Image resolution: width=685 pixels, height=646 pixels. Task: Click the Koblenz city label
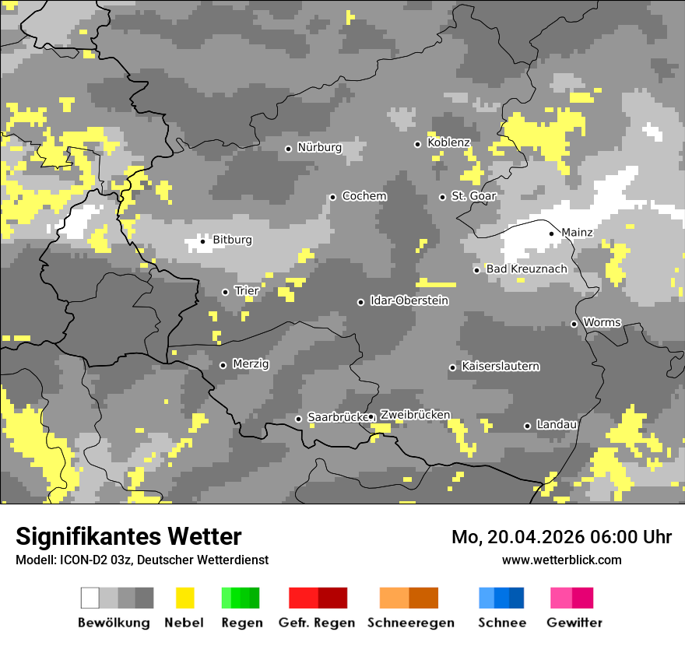pyautogui.click(x=448, y=142)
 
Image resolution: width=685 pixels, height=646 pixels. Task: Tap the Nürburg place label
pyautogui.click(x=319, y=147)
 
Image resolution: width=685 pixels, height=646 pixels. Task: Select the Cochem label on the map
pyautogui.click(x=364, y=196)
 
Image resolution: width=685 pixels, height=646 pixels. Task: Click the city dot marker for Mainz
pyautogui.click(x=551, y=233)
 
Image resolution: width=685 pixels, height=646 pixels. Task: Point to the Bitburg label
pyautogui.click(x=232, y=240)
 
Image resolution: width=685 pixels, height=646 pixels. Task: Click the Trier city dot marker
pyautogui.click(x=225, y=292)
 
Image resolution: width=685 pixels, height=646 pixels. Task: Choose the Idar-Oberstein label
pyautogui.click(x=409, y=300)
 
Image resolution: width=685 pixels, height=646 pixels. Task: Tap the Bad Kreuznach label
pyautogui.click(x=526, y=269)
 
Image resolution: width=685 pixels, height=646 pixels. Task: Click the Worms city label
pyautogui.click(x=602, y=322)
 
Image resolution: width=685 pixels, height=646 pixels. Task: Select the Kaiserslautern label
pyautogui.click(x=500, y=366)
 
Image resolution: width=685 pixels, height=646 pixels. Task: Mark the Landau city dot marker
pyautogui.click(x=527, y=426)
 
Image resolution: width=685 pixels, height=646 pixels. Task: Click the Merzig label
pyautogui.click(x=250, y=363)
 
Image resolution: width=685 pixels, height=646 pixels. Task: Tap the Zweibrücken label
pyautogui.click(x=415, y=415)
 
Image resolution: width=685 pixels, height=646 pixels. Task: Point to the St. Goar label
pyautogui.click(x=473, y=196)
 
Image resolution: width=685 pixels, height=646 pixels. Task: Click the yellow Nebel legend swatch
pyautogui.click(x=184, y=598)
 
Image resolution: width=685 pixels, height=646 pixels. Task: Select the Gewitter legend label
pyautogui.click(x=574, y=623)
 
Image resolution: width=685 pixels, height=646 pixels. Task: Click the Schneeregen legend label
pyautogui.click(x=410, y=623)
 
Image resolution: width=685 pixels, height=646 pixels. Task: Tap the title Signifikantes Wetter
pyautogui.click(x=128, y=536)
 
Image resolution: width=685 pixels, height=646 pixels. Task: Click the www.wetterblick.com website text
pyautogui.click(x=561, y=560)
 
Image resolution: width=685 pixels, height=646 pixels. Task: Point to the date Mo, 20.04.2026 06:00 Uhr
pyautogui.click(x=561, y=537)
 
